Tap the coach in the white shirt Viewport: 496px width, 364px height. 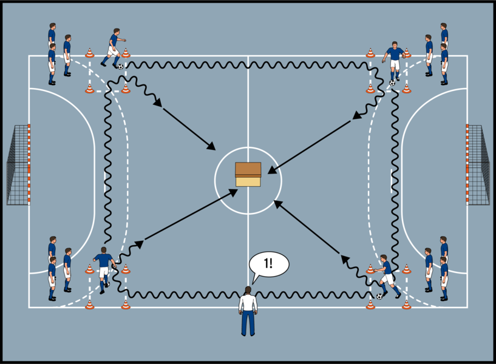pyautogui.click(x=248, y=309)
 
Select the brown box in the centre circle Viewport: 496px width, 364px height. pyautogui.click(x=248, y=174)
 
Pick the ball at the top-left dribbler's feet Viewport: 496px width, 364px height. pyautogui.click(x=120, y=66)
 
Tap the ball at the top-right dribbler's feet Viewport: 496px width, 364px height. pyautogui.click(x=392, y=83)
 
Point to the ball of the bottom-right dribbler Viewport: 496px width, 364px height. pyautogui.click(x=379, y=296)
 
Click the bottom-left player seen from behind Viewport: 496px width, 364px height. pyautogui.click(x=104, y=269)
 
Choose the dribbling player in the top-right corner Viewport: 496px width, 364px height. pyautogui.click(x=395, y=61)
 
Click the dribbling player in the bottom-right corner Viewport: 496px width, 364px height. pyautogui.click(x=386, y=276)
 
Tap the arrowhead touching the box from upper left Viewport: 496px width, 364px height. pyautogui.click(x=212, y=147)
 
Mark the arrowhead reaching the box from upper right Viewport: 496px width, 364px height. pyautogui.click(x=271, y=172)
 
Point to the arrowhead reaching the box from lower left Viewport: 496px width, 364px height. pyautogui.click(x=234, y=192)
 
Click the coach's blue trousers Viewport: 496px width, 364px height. pyautogui.click(x=248, y=323)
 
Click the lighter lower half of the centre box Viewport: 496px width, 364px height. pyautogui.click(x=248, y=181)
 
